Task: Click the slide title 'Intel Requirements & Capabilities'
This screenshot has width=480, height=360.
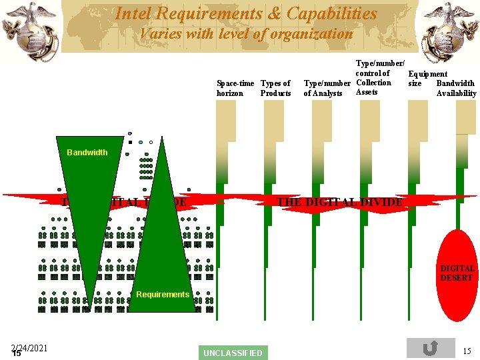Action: pos(246,13)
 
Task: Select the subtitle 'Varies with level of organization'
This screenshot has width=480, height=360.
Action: pos(246,33)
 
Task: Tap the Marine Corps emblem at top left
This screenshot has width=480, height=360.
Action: pos(28,31)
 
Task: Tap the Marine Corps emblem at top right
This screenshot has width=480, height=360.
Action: pos(451,31)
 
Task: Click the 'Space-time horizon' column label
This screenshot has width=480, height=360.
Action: pos(235,88)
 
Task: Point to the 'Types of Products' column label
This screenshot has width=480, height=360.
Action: pos(275,88)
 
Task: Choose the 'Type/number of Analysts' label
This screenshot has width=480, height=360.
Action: pos(327,88)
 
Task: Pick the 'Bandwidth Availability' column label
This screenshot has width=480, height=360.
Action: pos(456,88)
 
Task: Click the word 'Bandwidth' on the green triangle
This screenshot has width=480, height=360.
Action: pos(87,153)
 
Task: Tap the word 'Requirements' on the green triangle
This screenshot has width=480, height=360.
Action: pos(163,295)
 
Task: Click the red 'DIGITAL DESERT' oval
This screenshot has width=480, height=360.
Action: pos(457,273)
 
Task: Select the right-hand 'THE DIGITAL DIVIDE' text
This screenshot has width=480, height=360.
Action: pos(339,202)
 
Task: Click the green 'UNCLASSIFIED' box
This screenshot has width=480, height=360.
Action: pos(233,353)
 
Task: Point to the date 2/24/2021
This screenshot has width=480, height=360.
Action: pos(29,347)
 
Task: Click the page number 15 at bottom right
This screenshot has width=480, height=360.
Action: pos(467,351)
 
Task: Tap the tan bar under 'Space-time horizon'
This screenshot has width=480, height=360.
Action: pos(226,120)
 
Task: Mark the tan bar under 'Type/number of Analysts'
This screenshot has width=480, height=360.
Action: pos(322,120)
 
